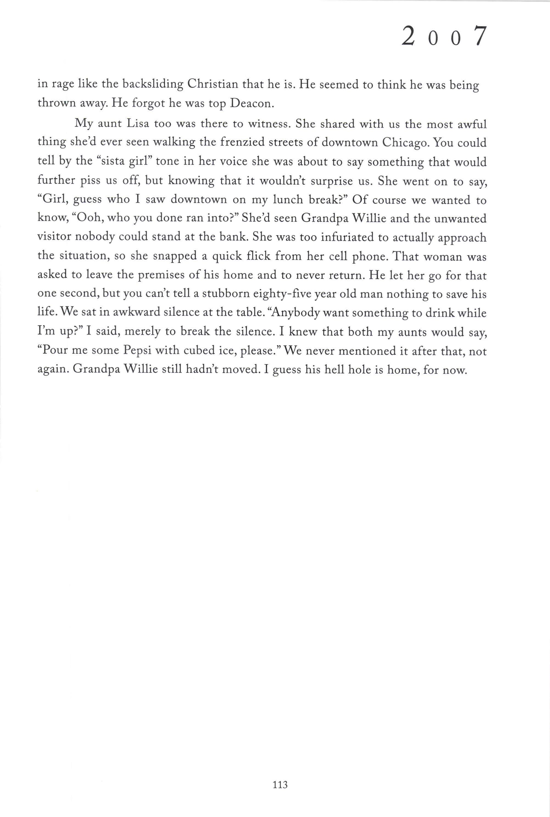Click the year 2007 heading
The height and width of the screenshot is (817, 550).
pos(444,37)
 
